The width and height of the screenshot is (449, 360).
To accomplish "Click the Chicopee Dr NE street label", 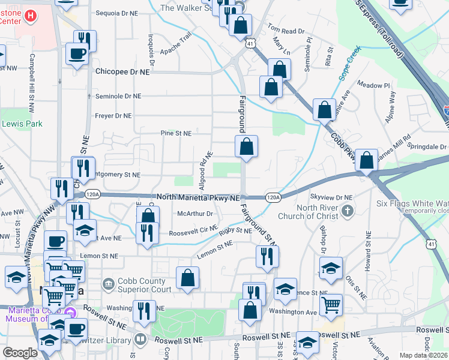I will [x=122, y=71].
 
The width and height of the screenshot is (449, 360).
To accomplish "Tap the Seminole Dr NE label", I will [x=118, y=96].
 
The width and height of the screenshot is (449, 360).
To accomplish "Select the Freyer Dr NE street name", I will [x=113, y=115].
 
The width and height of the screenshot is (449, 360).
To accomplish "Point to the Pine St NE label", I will [x=175, y=133].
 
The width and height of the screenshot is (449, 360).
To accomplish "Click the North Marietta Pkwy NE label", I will [x=198, y=197].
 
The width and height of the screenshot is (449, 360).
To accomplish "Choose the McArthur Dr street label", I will [x=196, y=213].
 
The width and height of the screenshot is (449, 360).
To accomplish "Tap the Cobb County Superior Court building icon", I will [x=107, y=283].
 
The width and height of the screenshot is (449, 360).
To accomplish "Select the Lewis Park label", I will [x=22, y=124].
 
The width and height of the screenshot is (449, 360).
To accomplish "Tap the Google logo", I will [x=20, y=353].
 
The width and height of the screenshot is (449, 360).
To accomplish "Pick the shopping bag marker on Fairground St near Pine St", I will [x=246, y=147].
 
